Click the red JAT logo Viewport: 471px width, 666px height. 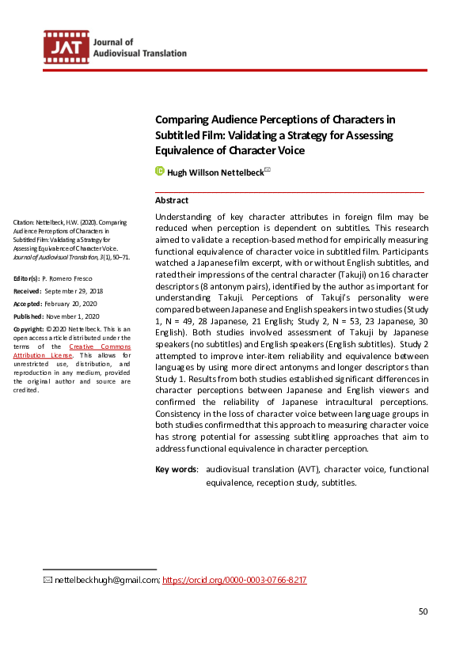[x=66, y=48]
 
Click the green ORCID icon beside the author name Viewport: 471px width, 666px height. [x=159, y=171]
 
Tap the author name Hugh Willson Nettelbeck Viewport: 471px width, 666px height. [x=215, y=172]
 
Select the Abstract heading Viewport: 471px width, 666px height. [x=172, y=200]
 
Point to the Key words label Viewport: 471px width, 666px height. [x=176, y=470]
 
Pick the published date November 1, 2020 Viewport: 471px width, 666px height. [x=84, y=315]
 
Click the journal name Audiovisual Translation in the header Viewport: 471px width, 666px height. [x=139, y=53]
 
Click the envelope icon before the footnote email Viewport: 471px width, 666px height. [x=47, y=580]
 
